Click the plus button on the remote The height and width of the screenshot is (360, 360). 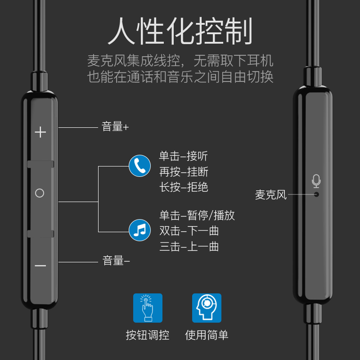(40, 132)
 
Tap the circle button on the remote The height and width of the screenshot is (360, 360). (40, 193)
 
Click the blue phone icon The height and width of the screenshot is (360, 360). (140, 166)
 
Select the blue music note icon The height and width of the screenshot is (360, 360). (140, 230)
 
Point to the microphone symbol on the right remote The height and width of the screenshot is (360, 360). (316, 181)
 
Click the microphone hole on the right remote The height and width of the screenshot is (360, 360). (316, 194)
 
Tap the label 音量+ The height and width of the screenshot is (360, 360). (115, 127)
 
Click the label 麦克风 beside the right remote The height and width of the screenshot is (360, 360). (271, 195)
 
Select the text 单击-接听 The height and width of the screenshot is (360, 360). (183, 156)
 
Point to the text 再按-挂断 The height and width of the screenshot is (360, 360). (184, 172)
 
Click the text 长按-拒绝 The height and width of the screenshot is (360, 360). (184, 187)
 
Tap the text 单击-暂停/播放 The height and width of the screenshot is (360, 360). (197, 215)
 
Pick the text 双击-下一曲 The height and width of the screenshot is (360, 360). (189, 231)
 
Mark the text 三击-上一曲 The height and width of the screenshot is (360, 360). (189, 247)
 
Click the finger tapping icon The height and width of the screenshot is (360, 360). (148, 308)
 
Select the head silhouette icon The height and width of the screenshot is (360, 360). (207, 308)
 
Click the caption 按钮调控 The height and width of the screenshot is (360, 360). (148, 335)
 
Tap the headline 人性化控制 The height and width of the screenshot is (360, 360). (180, 31)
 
